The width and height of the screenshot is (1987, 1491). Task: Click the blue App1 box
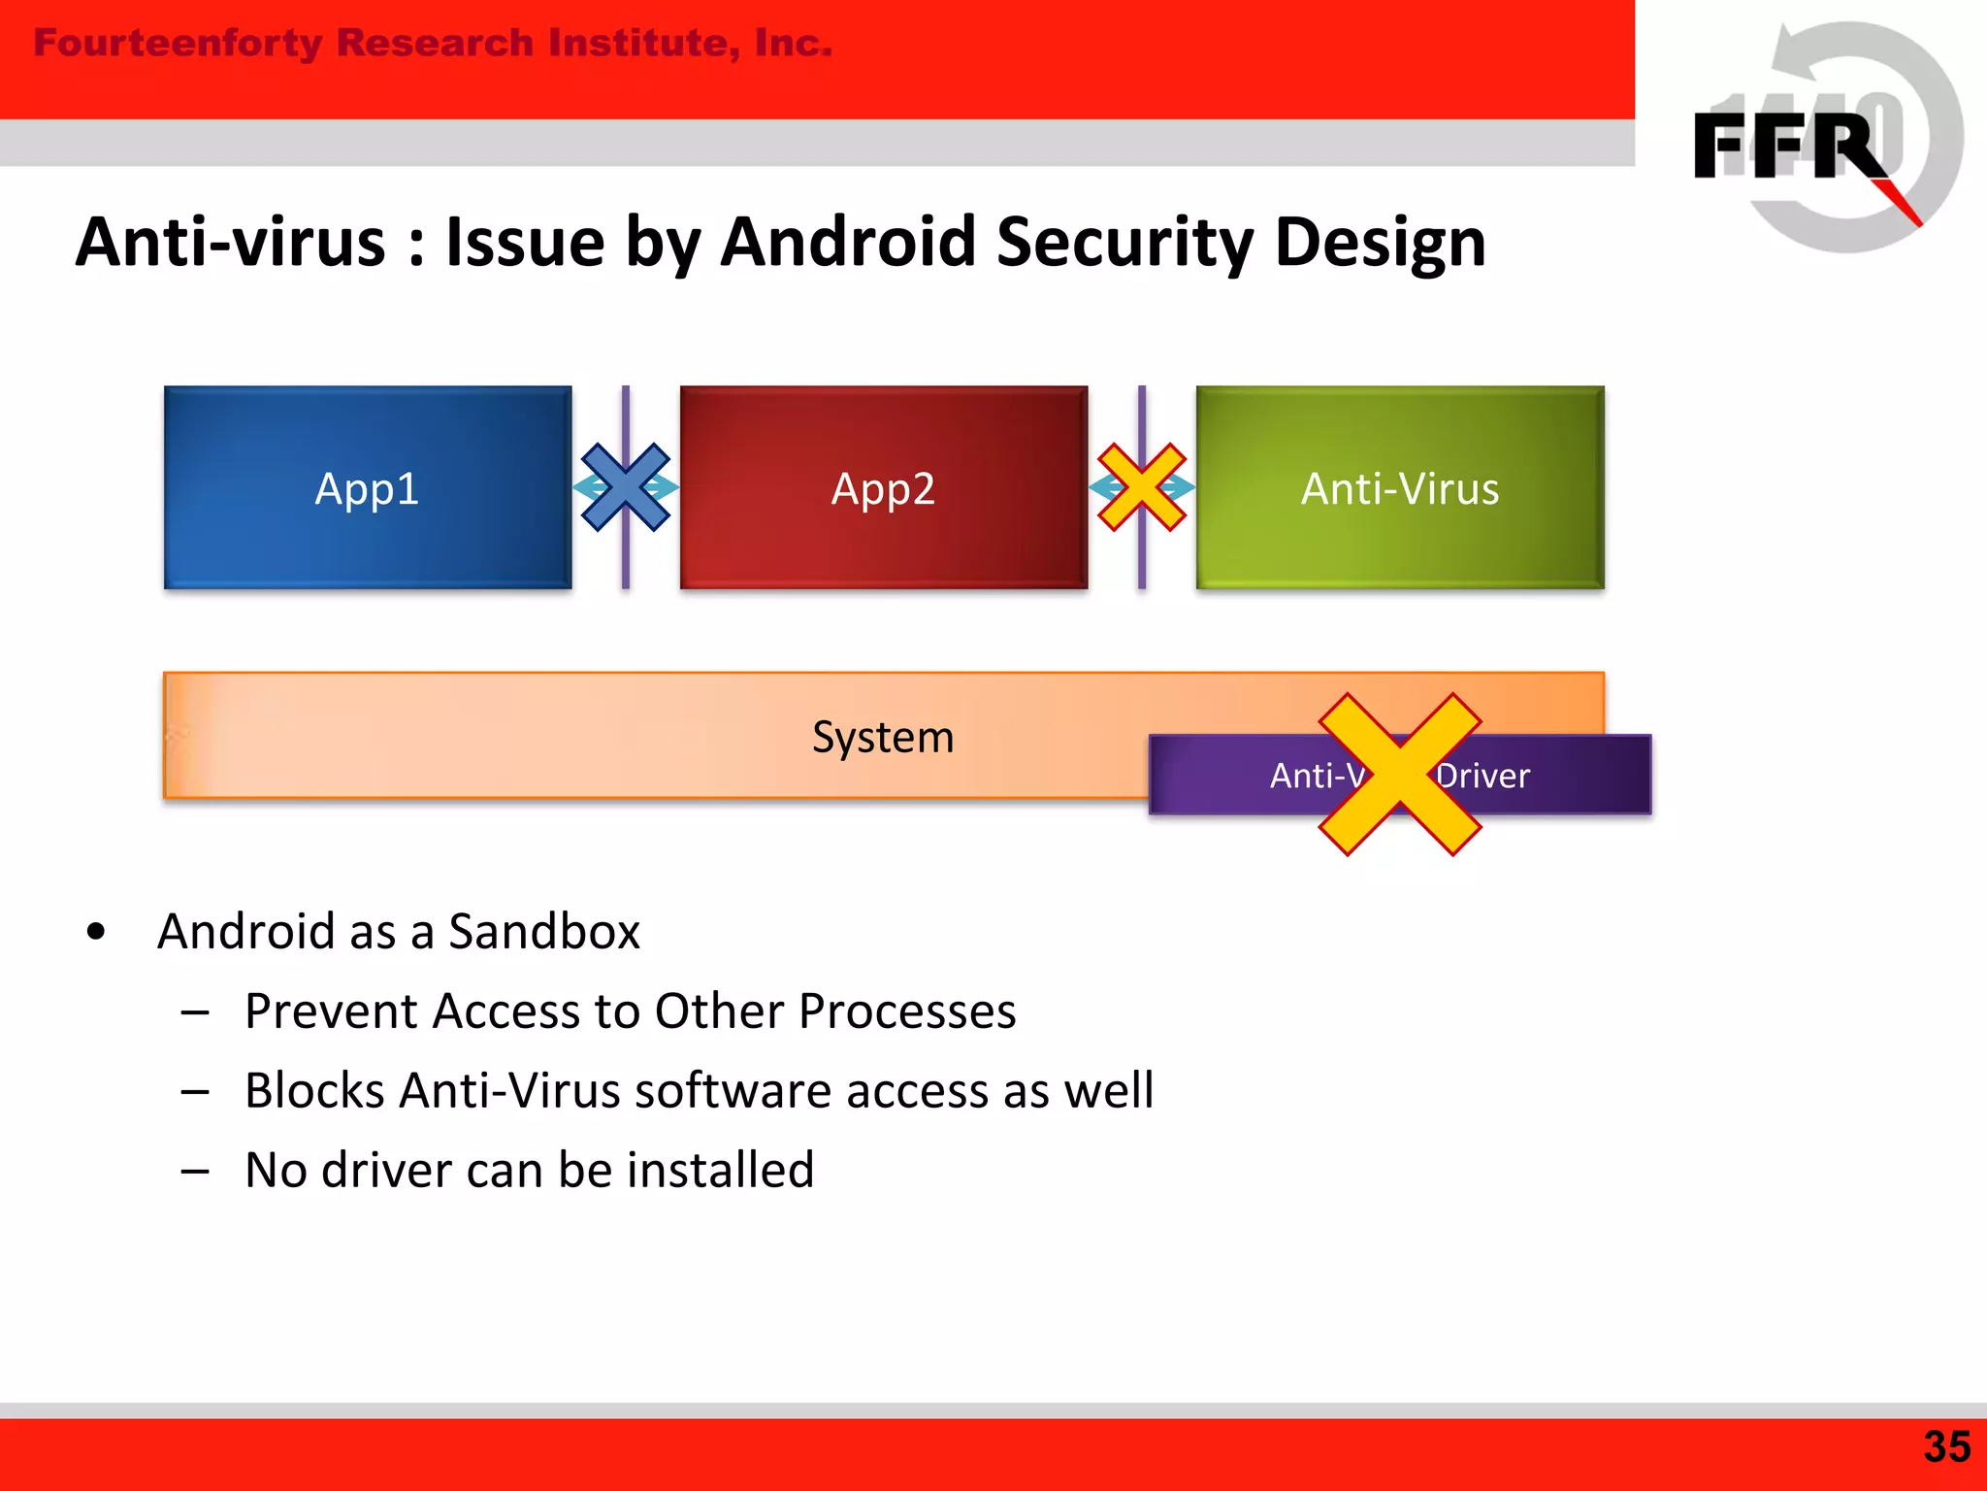(x=367, y=487)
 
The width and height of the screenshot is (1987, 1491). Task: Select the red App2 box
(x=883, y=487)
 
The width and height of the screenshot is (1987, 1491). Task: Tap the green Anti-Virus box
(x=1399, y=487)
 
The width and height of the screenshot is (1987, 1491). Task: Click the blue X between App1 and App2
(x=626, y=487)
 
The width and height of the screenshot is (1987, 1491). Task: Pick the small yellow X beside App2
(x=1142, y=487)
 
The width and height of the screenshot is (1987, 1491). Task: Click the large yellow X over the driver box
(x=1399, y=775)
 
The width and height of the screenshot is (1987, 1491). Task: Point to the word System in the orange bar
(x=883, y=737)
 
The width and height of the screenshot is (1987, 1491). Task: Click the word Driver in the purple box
(x=1484, y=776)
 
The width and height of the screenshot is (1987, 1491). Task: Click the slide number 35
(x=1947, y=1446)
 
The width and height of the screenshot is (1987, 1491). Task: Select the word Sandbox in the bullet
(x=543, y=932)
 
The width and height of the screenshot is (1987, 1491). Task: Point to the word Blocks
(x=315, y=1090)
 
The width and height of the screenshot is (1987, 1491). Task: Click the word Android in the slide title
(x=850, y=243)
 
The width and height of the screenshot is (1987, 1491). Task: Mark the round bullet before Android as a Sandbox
(x=95, y=932)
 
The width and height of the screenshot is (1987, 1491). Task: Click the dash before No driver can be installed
(x=195, y=1171)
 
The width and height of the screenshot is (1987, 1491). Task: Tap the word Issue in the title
(x=525, y=243)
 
